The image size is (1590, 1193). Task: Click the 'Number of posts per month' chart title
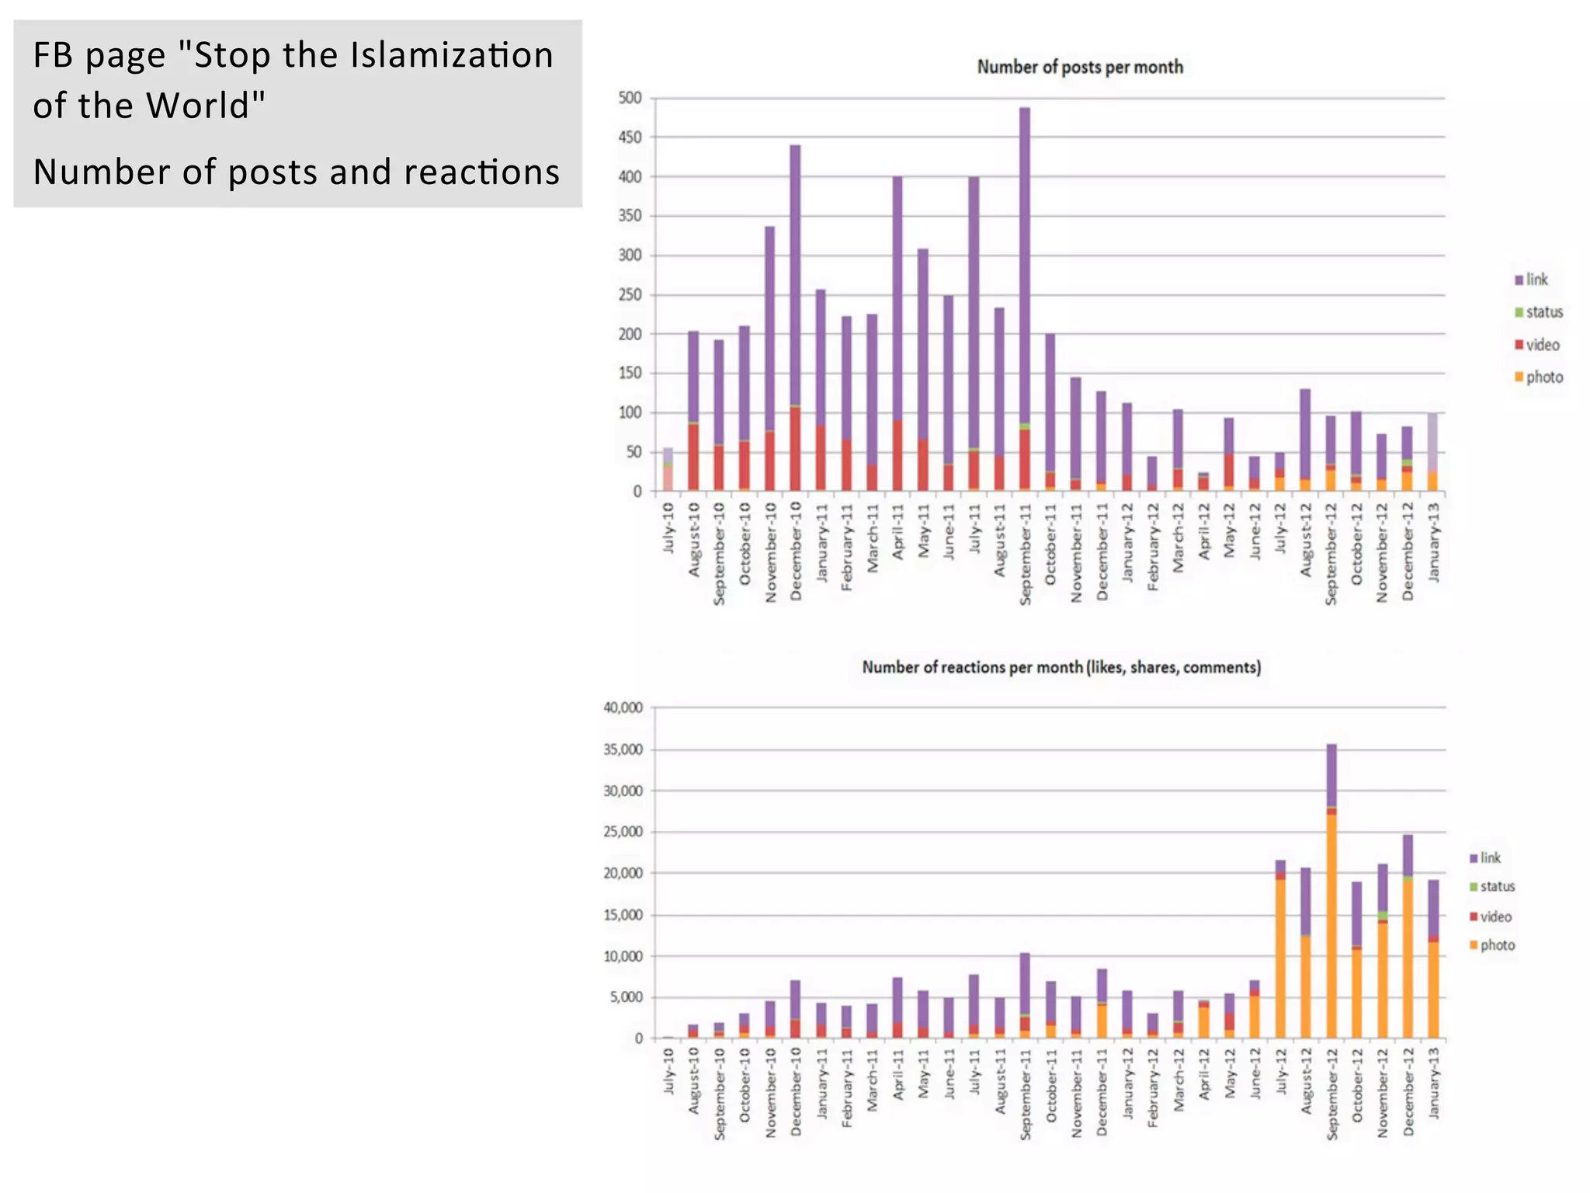click(x=1079, y=68)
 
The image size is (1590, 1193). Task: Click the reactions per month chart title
click(x=1061, y=667)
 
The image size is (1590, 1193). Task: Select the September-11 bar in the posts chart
click(x=1025, y=299)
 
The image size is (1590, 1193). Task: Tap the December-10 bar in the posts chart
click(x=795, y=318)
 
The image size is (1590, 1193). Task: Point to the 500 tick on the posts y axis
click(x=630, y=98)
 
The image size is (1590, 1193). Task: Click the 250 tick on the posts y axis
click(x=630, y=295)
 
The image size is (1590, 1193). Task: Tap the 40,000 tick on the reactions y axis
click(x=623, y=708)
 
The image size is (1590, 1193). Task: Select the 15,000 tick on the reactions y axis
click(x=623, y=915)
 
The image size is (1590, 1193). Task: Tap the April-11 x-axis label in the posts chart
click(x=898, y=531)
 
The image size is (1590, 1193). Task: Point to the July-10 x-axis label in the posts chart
click(x=668, y=528)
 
